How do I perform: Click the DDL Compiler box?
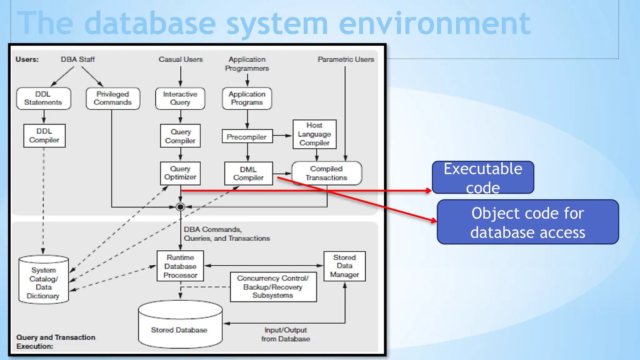click(44, 136)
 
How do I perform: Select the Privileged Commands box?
click(113, 98)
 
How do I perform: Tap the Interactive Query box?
click(180, 98)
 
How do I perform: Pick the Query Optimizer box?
click(180, 173)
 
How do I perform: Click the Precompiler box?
click(247, 137)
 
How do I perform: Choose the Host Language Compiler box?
click(314, 134)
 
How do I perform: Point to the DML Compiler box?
click(248, 173)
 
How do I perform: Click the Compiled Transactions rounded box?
click(327, 173)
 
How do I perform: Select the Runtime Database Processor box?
click(180, 266)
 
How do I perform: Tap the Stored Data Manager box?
click(344, 266)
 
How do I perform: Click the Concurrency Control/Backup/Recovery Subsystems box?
click(273, 287)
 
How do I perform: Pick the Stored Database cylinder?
click(180, 328)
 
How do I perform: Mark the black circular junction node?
click(180, 207)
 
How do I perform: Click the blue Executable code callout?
click(483, 177)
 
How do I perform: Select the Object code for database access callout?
click(527, 222)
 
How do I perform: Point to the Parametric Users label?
click(346, 59)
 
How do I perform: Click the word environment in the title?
click(434, 23)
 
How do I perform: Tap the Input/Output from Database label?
click(286, 334)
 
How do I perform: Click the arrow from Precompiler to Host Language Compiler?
click(282, 136)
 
